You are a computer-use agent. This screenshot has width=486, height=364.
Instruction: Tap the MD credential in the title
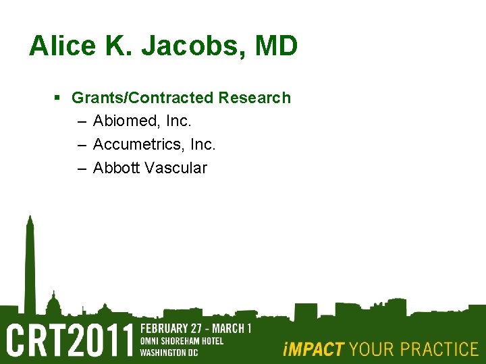click(276, 47)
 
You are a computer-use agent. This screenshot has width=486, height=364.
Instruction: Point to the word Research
click(254, 98)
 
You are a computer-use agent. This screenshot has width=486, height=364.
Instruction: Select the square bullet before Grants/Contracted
click(57, 98)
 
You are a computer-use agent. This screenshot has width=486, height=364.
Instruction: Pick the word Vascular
click(175, 168)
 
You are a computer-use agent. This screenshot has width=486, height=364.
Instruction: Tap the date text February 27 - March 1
click(195, 329)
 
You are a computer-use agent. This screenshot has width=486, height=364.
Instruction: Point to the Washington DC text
click(170, 351)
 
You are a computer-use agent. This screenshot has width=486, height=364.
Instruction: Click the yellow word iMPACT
click(313, 349)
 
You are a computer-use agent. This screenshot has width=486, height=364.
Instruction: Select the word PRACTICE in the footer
click(438, 349)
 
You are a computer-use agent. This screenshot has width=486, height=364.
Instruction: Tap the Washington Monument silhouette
click(29, 263)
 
